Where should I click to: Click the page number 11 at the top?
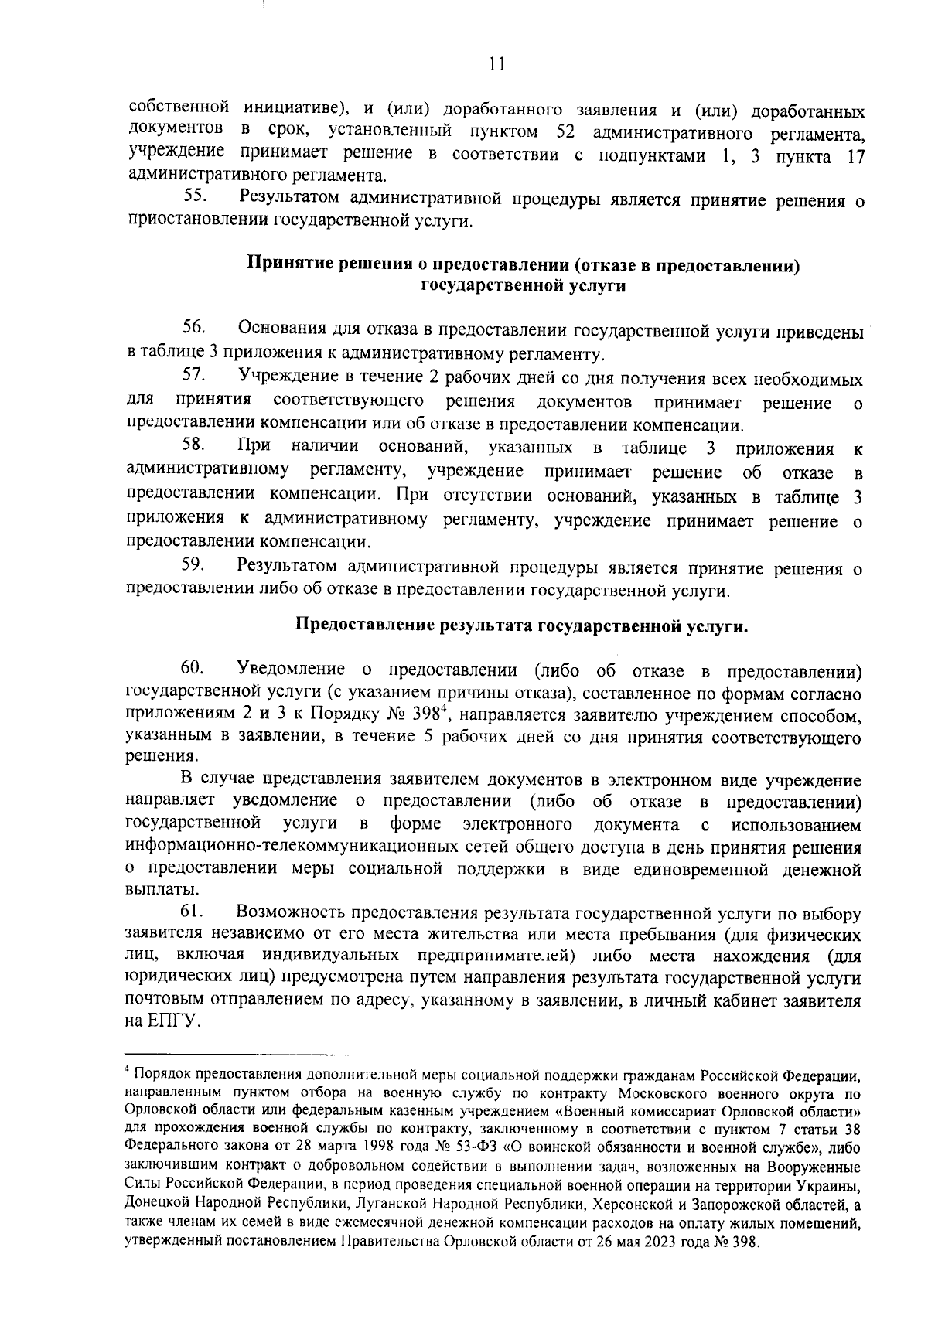(497, 65)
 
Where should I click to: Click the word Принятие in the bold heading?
(281, 265)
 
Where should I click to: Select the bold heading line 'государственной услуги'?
(523, 286)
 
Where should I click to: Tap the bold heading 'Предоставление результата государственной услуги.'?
(523, 625)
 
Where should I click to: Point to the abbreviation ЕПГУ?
(172, 1021)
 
